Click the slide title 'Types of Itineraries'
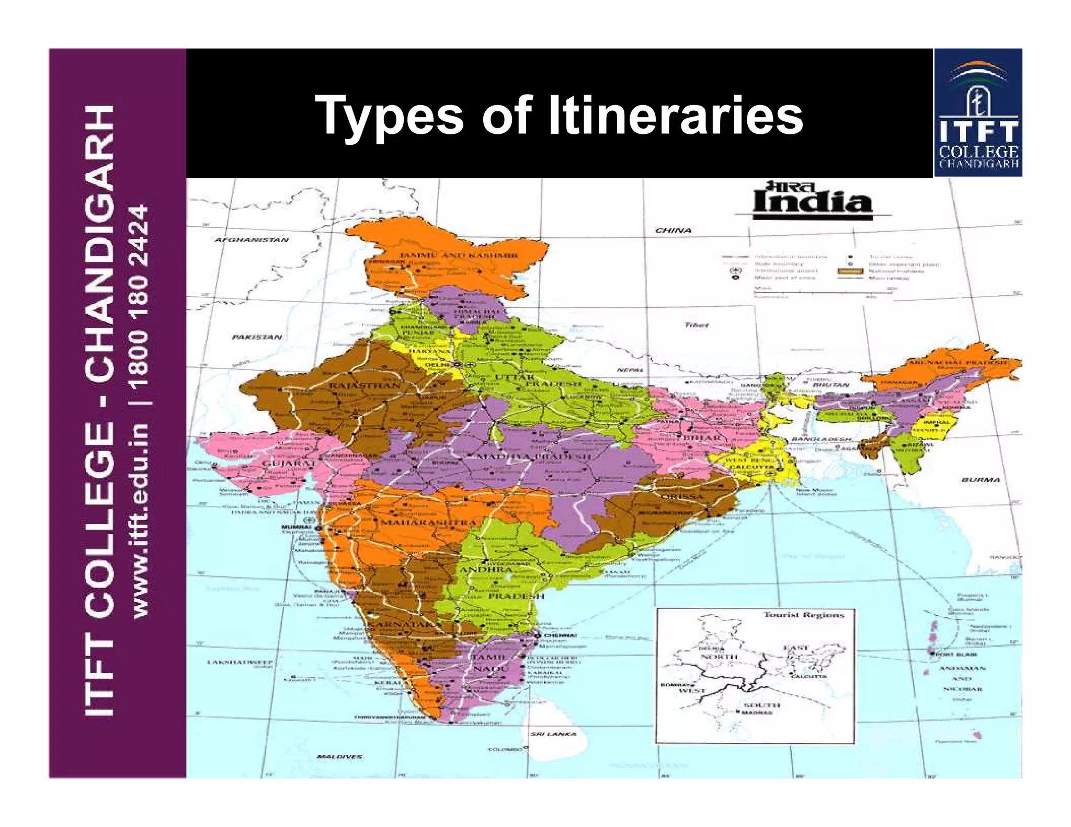coord(561,116)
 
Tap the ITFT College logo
coord(978,112)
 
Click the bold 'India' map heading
coord(812,201)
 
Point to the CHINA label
coord(673,230)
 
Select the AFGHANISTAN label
coord(252,240)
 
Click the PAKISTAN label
coord(257,337)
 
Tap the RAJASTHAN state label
coord(364,386)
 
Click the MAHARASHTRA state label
coord(429,522)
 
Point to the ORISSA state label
coord(682,496)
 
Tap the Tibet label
coord(697,325)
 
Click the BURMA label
coord(981,479)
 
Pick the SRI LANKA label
coord(553,734)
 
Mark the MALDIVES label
coord(339,756)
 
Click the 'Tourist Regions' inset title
coord(803,615)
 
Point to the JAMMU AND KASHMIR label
coord(459,256)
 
